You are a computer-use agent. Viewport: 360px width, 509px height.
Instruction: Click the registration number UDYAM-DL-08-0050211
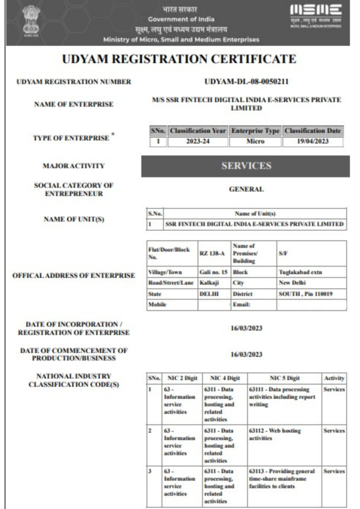coord(247,82)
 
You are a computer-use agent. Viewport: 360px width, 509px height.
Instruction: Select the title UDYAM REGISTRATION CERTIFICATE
coord(180,60)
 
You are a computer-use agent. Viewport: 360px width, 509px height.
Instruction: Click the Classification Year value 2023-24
coord(198,141)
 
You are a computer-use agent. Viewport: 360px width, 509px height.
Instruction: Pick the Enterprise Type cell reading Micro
coord(255,141)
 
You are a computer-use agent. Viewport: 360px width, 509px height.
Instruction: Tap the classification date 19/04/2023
coord(313,141)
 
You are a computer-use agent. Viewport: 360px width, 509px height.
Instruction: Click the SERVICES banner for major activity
coord(246,166)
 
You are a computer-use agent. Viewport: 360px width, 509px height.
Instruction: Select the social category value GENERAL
coord(246,189)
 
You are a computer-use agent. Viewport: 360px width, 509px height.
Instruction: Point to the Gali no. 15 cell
coord(213,272)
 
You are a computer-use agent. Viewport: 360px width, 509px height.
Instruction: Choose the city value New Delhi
coord(292,283)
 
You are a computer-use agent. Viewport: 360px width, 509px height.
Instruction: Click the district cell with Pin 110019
coord(305,293)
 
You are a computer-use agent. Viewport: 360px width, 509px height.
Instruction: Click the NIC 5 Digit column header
coord(283,378)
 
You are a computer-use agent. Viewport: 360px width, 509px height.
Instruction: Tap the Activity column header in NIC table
coord(334,378)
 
